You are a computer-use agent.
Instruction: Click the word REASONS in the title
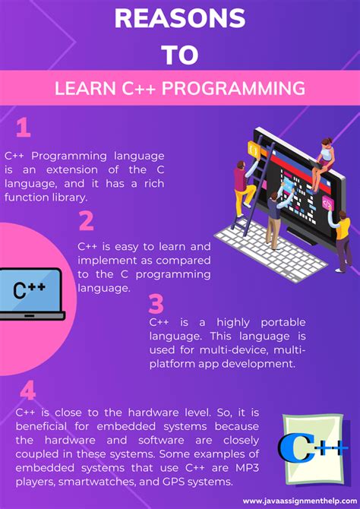[179, 18]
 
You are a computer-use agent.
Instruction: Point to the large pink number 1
[24, 127]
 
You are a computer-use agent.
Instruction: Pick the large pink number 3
[156, 304]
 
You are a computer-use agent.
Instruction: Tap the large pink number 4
[28, 391]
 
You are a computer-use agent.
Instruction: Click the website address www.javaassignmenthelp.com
[298, 501]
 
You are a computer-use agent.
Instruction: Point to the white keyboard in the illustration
[262, 242]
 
